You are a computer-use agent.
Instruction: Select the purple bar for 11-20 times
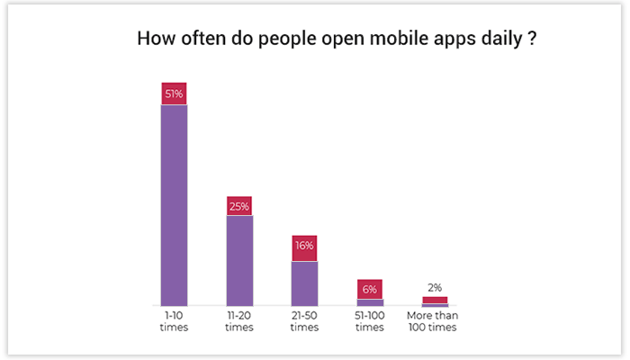[x=239, y=261]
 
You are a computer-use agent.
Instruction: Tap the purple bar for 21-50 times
[x=304, y=283]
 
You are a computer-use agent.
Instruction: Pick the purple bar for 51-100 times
[x=370, y=302]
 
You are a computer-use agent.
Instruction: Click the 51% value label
[x=174, y=94]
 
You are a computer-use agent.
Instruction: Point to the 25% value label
[x=239, y=206]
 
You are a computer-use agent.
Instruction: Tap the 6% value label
[x=370, y=289]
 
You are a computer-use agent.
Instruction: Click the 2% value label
[x=435, y=287]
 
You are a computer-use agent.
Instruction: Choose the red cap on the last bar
[x=435, y=300]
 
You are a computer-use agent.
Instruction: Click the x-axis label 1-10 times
[x=174, y=321]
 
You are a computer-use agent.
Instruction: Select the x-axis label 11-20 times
[x=239, y=321]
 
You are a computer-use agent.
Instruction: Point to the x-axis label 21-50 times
[x=304, y=321]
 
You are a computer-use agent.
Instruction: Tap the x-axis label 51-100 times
[x=370, y=321]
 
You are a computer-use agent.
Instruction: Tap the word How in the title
[x=154, y=40]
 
